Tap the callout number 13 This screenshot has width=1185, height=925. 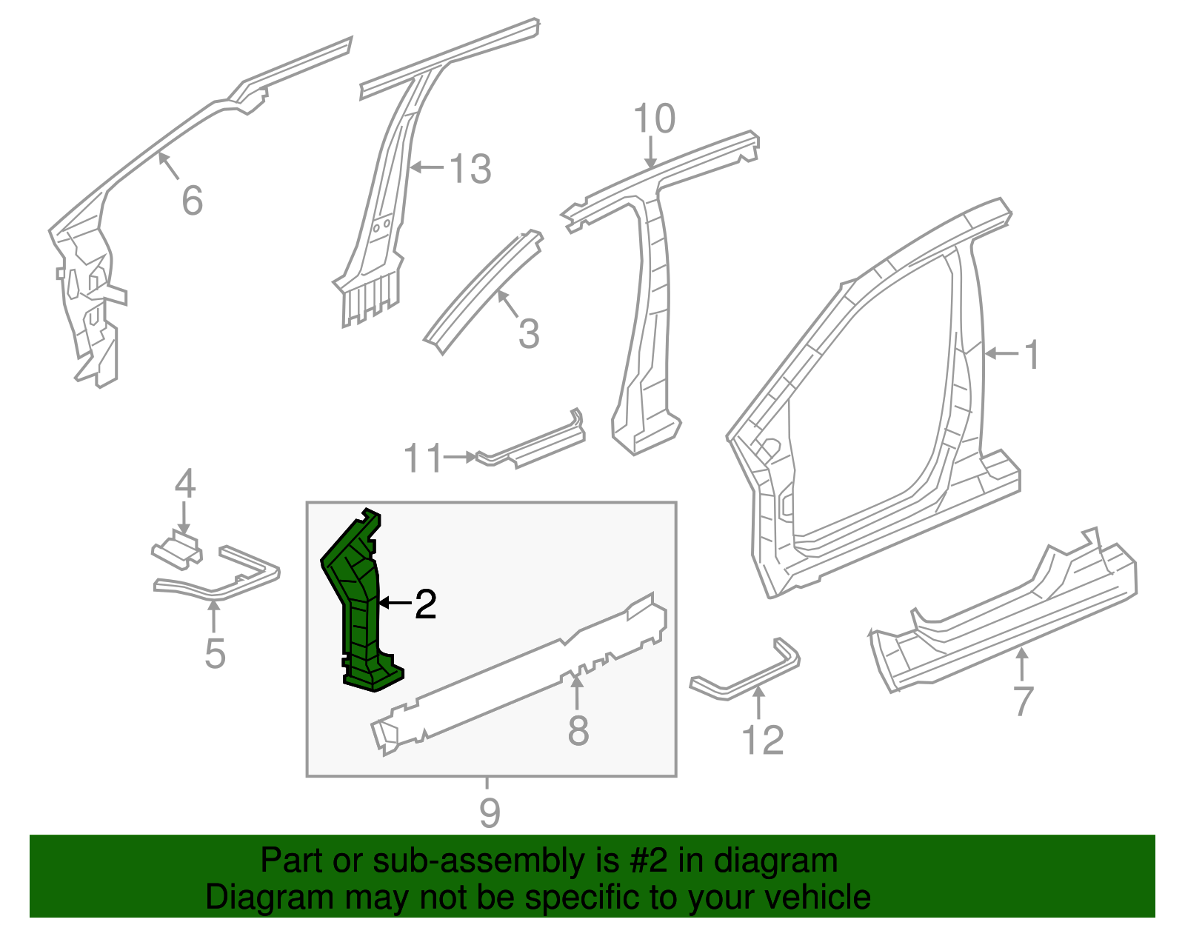[470, 169]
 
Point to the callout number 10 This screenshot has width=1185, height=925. [655, 118]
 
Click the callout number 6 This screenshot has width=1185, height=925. [192, 201]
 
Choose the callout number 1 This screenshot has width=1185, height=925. [1032, 355]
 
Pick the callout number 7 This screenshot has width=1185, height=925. [1022, 701]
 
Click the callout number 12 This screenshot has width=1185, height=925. [763, 740]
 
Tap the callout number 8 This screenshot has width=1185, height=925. [578, 731]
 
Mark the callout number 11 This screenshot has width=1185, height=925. [423, 458]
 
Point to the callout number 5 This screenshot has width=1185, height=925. [214, 653]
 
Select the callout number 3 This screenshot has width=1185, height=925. [528, 333]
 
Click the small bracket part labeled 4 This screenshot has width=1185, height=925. [178, 550]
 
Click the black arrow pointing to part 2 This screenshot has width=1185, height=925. [394, 604]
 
